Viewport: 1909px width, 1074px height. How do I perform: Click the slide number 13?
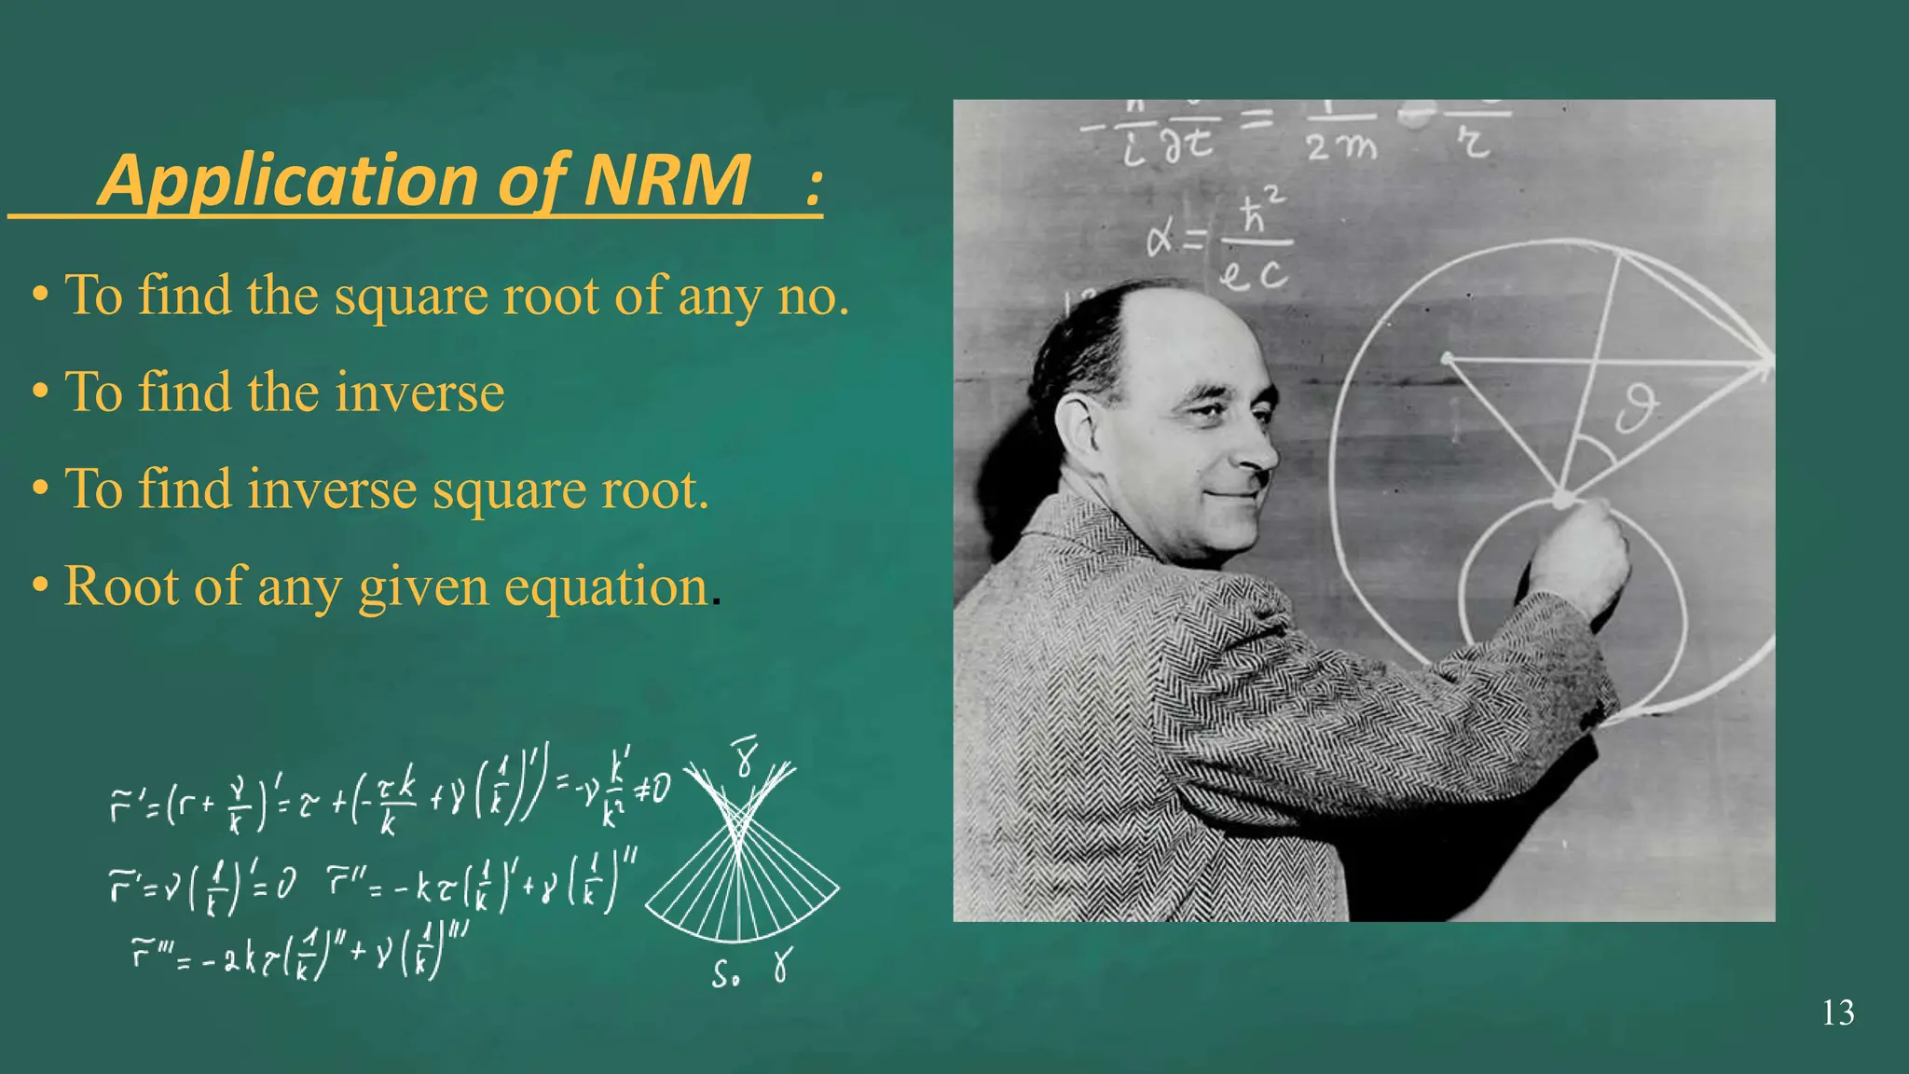pos(1838,1012)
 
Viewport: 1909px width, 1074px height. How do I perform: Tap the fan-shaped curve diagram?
pos(741,867)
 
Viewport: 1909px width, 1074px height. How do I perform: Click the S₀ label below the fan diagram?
pos(726,974)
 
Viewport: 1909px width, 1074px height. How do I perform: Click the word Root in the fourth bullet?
pos(120,587)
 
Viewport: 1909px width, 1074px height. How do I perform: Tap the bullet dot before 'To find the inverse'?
pos(40,393)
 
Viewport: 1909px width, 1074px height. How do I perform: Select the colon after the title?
pos(814,183)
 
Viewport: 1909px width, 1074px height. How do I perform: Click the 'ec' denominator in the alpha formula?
pos(1254,274)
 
